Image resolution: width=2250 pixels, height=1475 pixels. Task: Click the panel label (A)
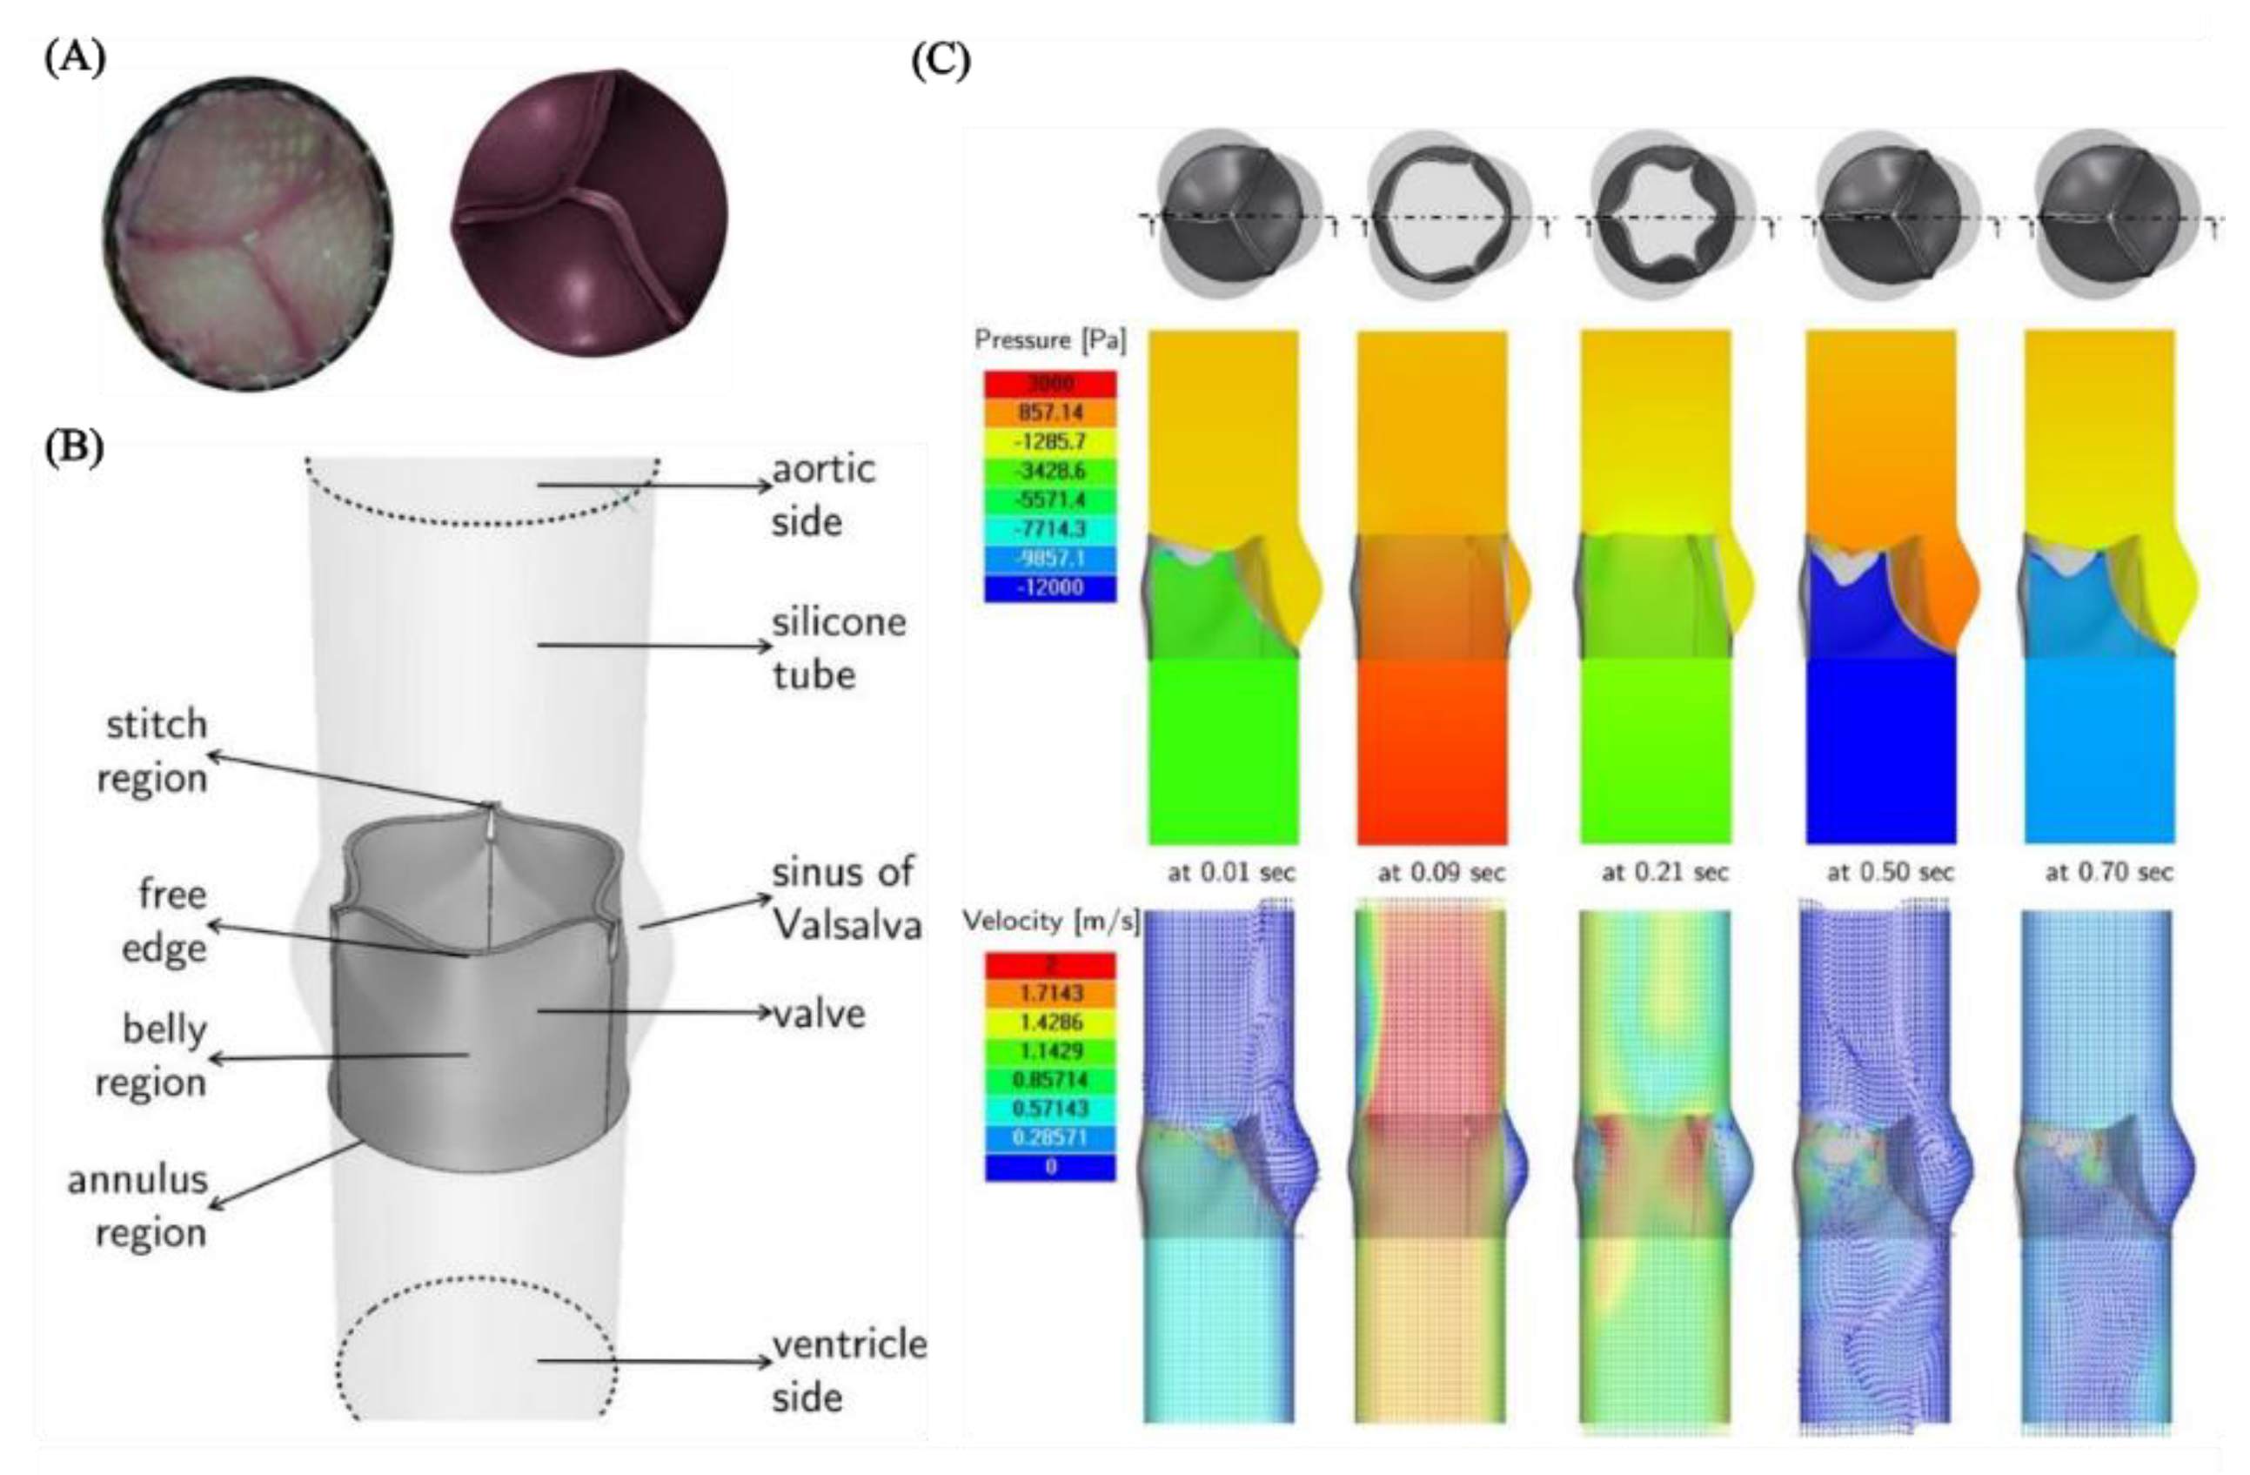click(76, 58)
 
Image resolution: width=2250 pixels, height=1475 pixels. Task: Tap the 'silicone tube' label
click(839, 648)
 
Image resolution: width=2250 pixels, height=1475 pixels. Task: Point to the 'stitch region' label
click(154, 752)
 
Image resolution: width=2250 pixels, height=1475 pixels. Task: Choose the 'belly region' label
click(154, 1056)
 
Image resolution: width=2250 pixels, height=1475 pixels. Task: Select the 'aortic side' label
click(822, 494)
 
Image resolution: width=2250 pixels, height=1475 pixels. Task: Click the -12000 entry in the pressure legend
click(1050, 587)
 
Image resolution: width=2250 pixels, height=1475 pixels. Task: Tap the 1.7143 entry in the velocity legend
click(1050, 994)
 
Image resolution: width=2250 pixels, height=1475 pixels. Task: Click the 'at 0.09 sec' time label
click(1440, 873)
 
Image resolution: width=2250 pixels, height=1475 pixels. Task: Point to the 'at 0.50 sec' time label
click(1889, 873)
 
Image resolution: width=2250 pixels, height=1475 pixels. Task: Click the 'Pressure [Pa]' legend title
click(1050, 340)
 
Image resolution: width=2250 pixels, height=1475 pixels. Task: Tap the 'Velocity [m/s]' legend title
click(1050, 921)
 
